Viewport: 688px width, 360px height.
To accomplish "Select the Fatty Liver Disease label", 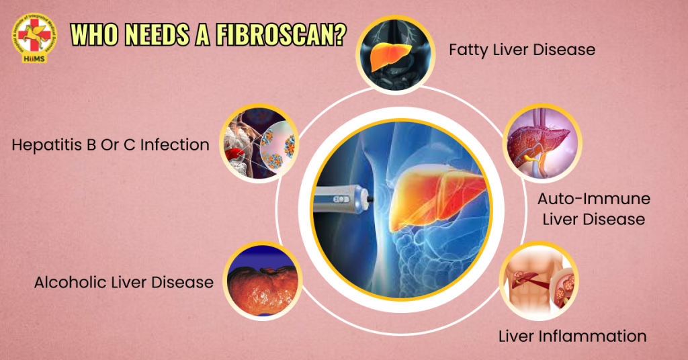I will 521,50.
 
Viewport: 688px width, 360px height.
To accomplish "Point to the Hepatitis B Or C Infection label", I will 110,144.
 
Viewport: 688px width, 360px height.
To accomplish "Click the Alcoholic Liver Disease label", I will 124,282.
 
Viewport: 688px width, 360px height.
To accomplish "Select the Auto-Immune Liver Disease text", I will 594,209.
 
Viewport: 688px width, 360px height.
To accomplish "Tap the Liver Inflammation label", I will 572,336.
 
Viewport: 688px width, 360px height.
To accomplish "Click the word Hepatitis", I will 46,144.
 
